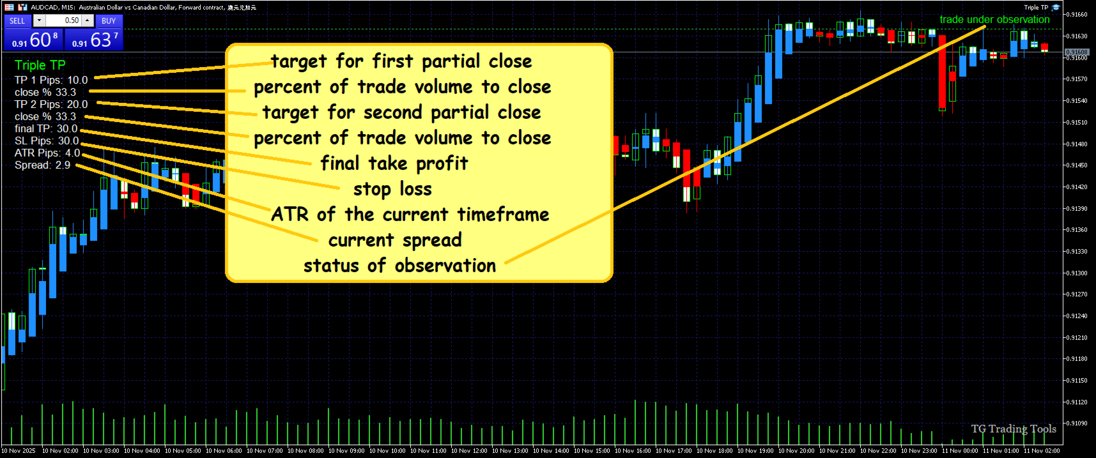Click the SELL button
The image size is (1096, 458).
[17, 21]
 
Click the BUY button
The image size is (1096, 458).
[109, 21]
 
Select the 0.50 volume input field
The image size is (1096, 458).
[63, 21]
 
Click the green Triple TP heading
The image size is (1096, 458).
[40, 65]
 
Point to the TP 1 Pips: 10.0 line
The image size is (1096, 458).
[51, 80]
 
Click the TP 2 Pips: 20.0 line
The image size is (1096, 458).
[51, 105]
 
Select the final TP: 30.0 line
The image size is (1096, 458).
[46, 129]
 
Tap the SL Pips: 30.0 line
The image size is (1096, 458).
[47, 141]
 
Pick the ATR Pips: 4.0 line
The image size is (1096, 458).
[47, 153]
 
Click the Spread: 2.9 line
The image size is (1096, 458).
[43, 165]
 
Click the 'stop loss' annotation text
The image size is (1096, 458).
[392, 189]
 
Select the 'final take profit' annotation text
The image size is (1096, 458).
[394, 164]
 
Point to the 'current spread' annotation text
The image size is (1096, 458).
[395, 240]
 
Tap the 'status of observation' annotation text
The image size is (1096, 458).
[399, 266]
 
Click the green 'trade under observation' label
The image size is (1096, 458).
[994, 20]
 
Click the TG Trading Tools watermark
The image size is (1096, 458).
[1014, 429]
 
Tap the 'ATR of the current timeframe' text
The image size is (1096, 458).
[410, 215]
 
